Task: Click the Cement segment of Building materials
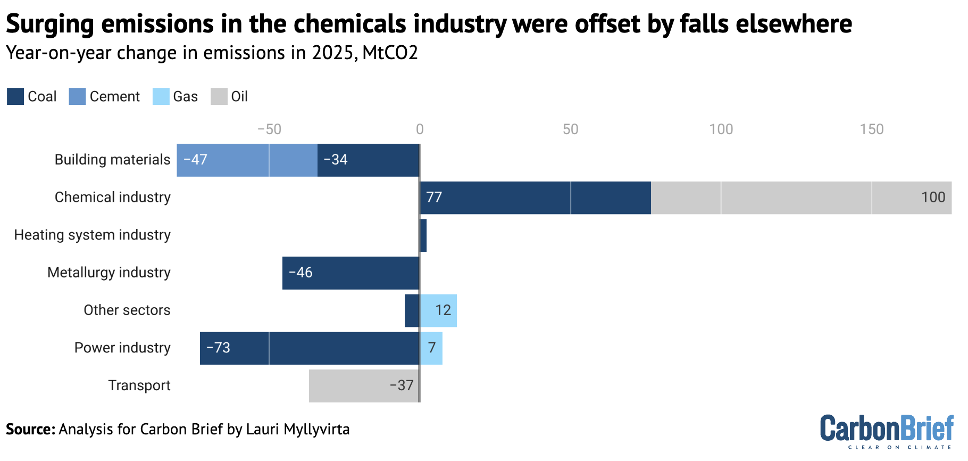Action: pos(247,160)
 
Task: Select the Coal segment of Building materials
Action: pos(368,160)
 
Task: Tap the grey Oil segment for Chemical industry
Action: pos(800,197)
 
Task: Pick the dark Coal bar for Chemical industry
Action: pos(535,197)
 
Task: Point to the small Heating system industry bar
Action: pos(423,235)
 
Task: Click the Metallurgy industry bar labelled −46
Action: pos(351,273)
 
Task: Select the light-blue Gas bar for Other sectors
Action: pos(438,311)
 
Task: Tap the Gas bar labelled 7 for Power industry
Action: pos(431,348)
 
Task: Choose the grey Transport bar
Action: pos(364,386)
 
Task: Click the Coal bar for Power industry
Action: pos(310,348)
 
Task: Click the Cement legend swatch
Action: pos(77,96)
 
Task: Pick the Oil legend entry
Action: pos(229,96)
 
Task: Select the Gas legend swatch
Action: pos(161,96)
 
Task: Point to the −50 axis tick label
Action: pos(269,129)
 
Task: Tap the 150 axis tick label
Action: pos(871,129)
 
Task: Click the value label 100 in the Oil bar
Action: pos(933,197)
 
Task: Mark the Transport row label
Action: pos(139,385)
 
